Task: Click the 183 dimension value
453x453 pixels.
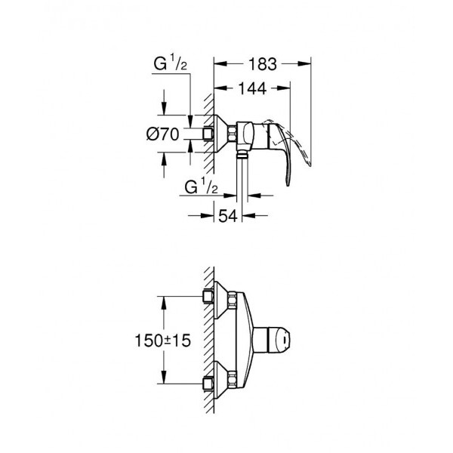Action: (263, 63)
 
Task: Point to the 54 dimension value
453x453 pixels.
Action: (228, 217)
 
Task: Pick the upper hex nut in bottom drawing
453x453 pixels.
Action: (205, 297)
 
